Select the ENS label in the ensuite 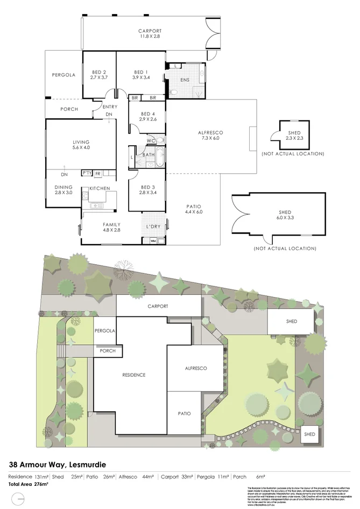pyautogui.click(x=185, y=80)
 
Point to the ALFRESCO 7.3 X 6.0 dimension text pyautogui.click(x=211, y=138)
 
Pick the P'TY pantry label pyautogui.click(x=87, y=173)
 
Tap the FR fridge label pyautogui.click(x=98, y=173)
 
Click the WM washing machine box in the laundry pyautogui.click(x=153, y=241)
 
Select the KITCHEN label pyautogui.click(x=100, y=188)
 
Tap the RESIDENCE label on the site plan pyautogui.click(x=134, y=375)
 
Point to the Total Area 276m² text pyautogui.click(x=28, y=485)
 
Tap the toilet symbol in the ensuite pyautogui.click(x=173, y=92)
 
